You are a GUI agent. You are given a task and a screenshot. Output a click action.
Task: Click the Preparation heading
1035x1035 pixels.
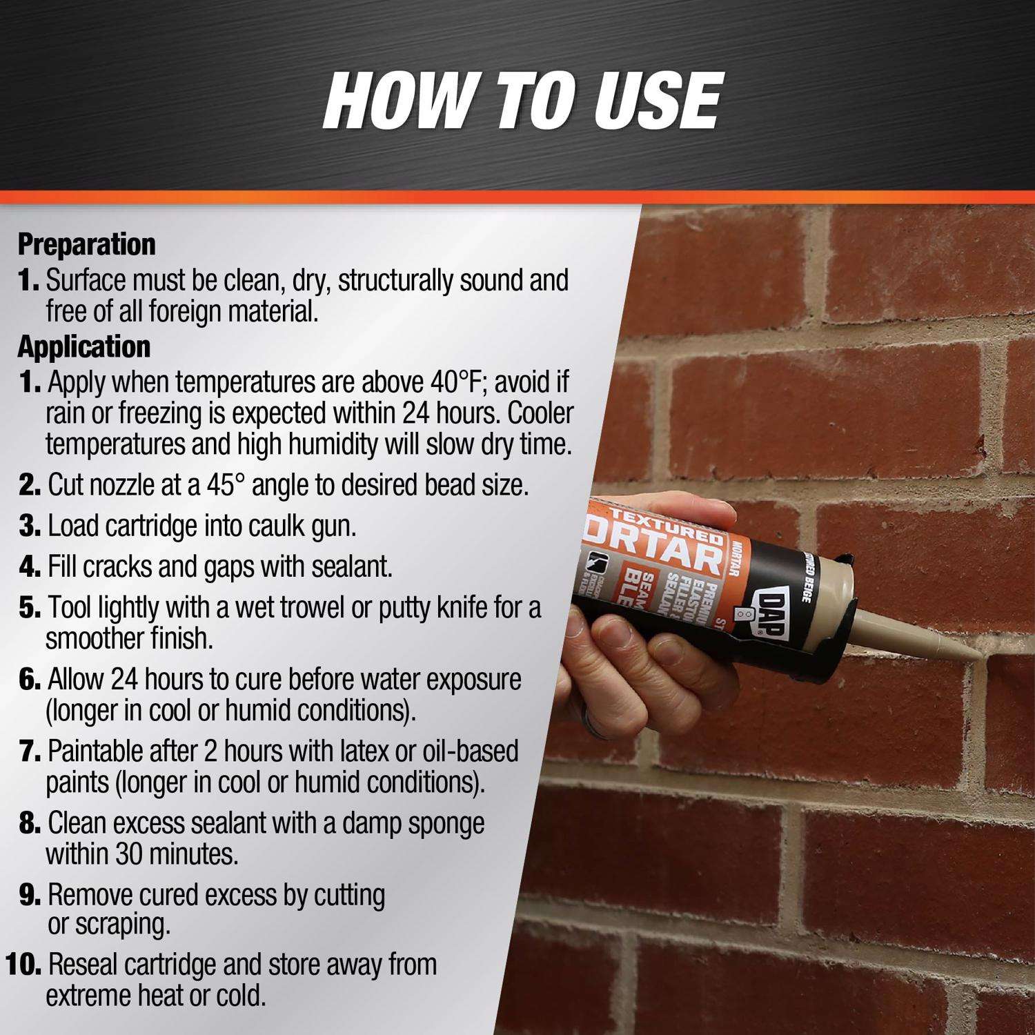[87, 245]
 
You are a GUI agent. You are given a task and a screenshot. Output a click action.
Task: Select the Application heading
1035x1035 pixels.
[84, 347]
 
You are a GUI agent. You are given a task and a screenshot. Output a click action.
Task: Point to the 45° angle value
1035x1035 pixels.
[226, 485]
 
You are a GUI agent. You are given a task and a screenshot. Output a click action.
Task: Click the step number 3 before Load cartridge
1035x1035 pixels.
[31, 526]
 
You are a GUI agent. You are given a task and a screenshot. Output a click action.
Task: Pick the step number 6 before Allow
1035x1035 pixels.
[31, 680]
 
